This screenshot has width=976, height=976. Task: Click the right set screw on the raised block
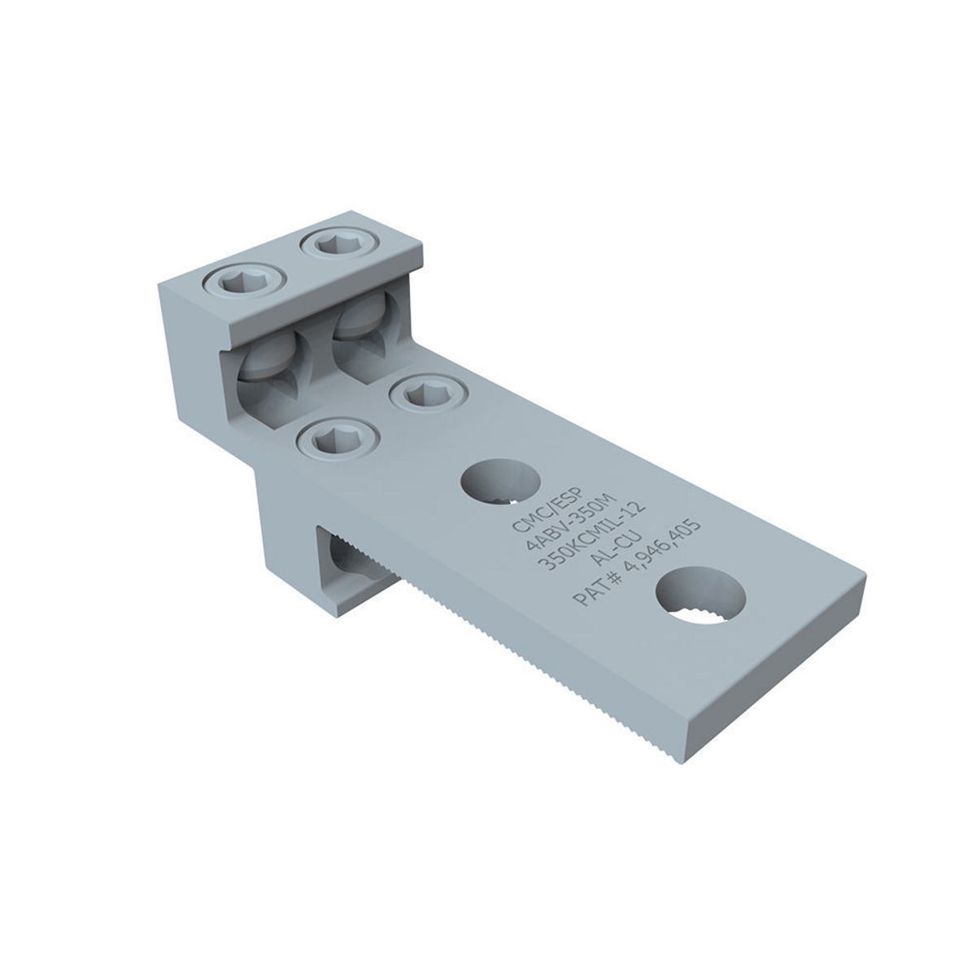pyautogui.click(x=335, y=244)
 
